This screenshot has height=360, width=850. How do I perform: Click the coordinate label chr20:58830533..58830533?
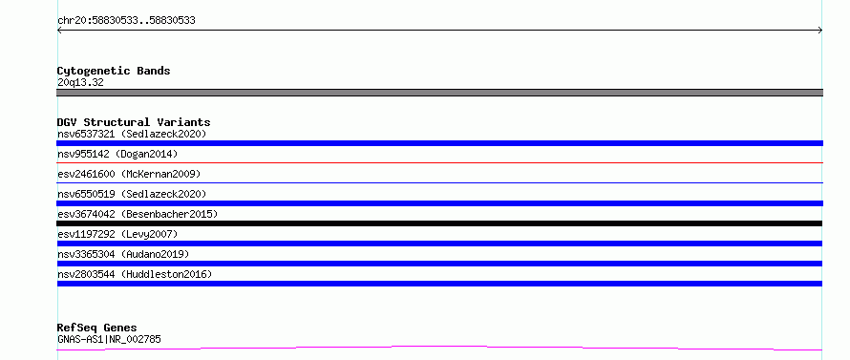(x=126, y=21)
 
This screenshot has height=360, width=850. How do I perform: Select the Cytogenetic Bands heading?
(x=114, y=71)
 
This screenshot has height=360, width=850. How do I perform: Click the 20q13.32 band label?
(x=80, y=82)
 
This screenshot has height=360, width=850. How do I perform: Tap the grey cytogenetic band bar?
(x=439, y=93)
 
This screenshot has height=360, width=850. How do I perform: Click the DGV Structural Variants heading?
(x=134, y=122)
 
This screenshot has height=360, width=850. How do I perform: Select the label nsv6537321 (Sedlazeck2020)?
(x=132, y=134)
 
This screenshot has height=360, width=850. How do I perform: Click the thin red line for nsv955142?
(x=439, y=162)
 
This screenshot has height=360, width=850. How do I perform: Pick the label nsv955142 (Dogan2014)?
(x=117, y=154)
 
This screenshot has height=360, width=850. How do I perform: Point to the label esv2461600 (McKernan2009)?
(x=129, y=174)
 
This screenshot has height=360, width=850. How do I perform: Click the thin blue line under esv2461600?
(x=439, y=182)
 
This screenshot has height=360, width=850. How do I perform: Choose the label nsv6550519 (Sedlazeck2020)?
(x=132, y=194)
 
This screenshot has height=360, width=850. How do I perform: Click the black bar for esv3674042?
(x=439, y=223)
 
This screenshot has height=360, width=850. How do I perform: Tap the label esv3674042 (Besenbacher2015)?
(x=138, y=214)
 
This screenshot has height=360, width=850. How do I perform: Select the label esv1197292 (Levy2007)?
(x=117, y=234)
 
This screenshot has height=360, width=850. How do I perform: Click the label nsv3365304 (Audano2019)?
(x=123, y=254)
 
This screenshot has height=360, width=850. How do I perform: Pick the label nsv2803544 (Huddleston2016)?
(x=135, y=274)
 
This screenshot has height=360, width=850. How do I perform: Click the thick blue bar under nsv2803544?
(x=439, y=284)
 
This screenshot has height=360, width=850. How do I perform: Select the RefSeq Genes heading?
(x=97, y=328)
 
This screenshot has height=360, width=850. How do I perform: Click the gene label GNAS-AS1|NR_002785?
(x=109, y=339)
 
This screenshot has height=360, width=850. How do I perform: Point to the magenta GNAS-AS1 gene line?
(x=439, y=347)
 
